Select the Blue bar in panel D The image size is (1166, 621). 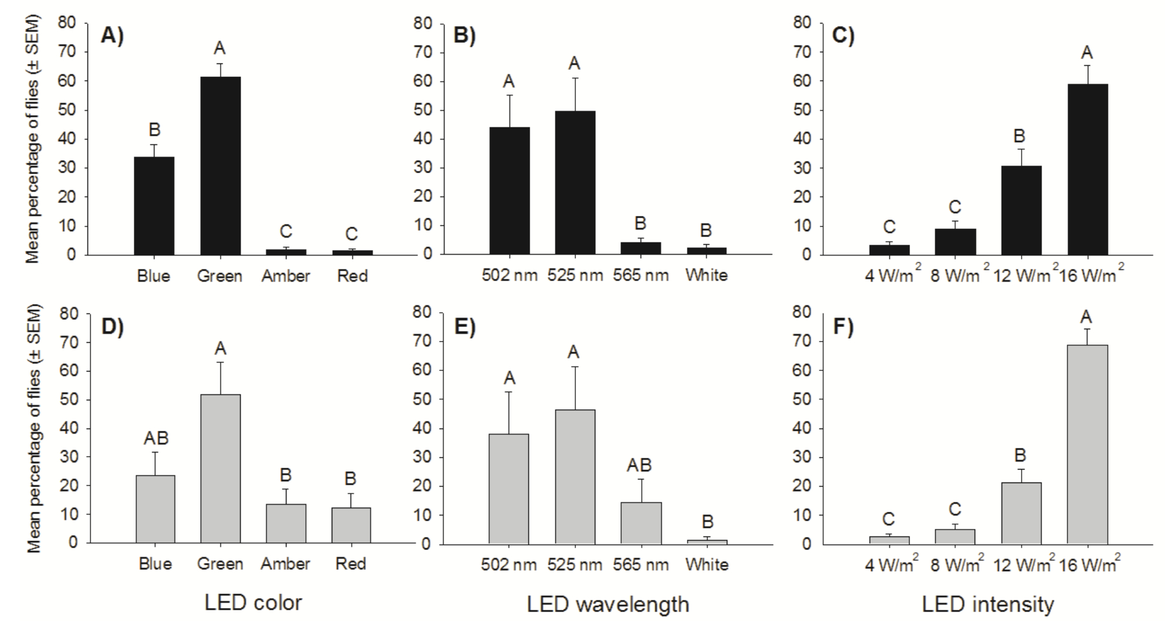pyautogui.click(x=155, y=509)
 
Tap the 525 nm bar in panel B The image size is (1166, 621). pyautogui.click(x=575, y=183)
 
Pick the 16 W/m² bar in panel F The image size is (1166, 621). pyautogui.click(x=1087, y=444)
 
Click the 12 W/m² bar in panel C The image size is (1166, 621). pyautogui.click(x=1021, y=210)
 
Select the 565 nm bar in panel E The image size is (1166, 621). pyautogui.click(x=641, y=522)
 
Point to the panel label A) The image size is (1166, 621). pyautogui.click(x=113, y=36)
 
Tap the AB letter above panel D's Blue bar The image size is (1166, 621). pyautogui.click(x=155, y=438)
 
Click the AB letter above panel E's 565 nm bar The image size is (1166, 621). pyautogui.click(x=639, y=465)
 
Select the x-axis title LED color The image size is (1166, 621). pyautogui.click(x=253, y=602)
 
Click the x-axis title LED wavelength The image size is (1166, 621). pyautogui.click(x=608, y=603)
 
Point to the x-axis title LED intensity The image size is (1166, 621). pyautogui.click(x=988, y=603)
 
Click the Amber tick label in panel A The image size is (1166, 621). pyautogui.click(x=286, y=276)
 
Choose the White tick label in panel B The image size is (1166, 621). pyautogui.click(x=706, y=275)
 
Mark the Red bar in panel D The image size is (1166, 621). pyautogui.click(x=351, y=525)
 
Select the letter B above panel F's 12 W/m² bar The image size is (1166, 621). pyautogui.click(x=1021, y=455)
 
